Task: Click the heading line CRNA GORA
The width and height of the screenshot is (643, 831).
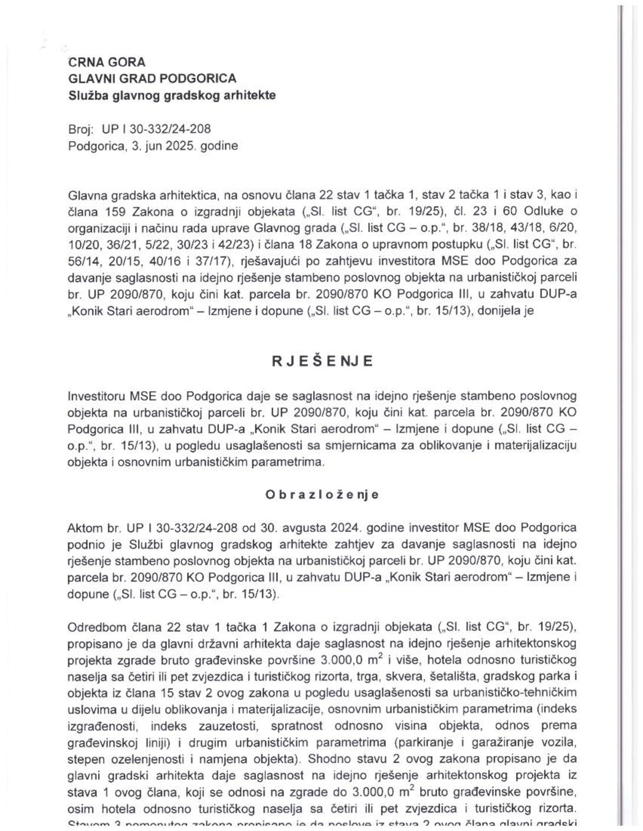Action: coord(107,62)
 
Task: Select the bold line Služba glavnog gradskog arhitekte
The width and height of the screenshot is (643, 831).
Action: coord(172,94)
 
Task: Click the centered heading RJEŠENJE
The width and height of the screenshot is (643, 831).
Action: coord(322,362)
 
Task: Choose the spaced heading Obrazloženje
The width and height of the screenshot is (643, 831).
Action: coord(322,495)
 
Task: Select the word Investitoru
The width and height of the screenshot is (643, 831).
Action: coord(96,395)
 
